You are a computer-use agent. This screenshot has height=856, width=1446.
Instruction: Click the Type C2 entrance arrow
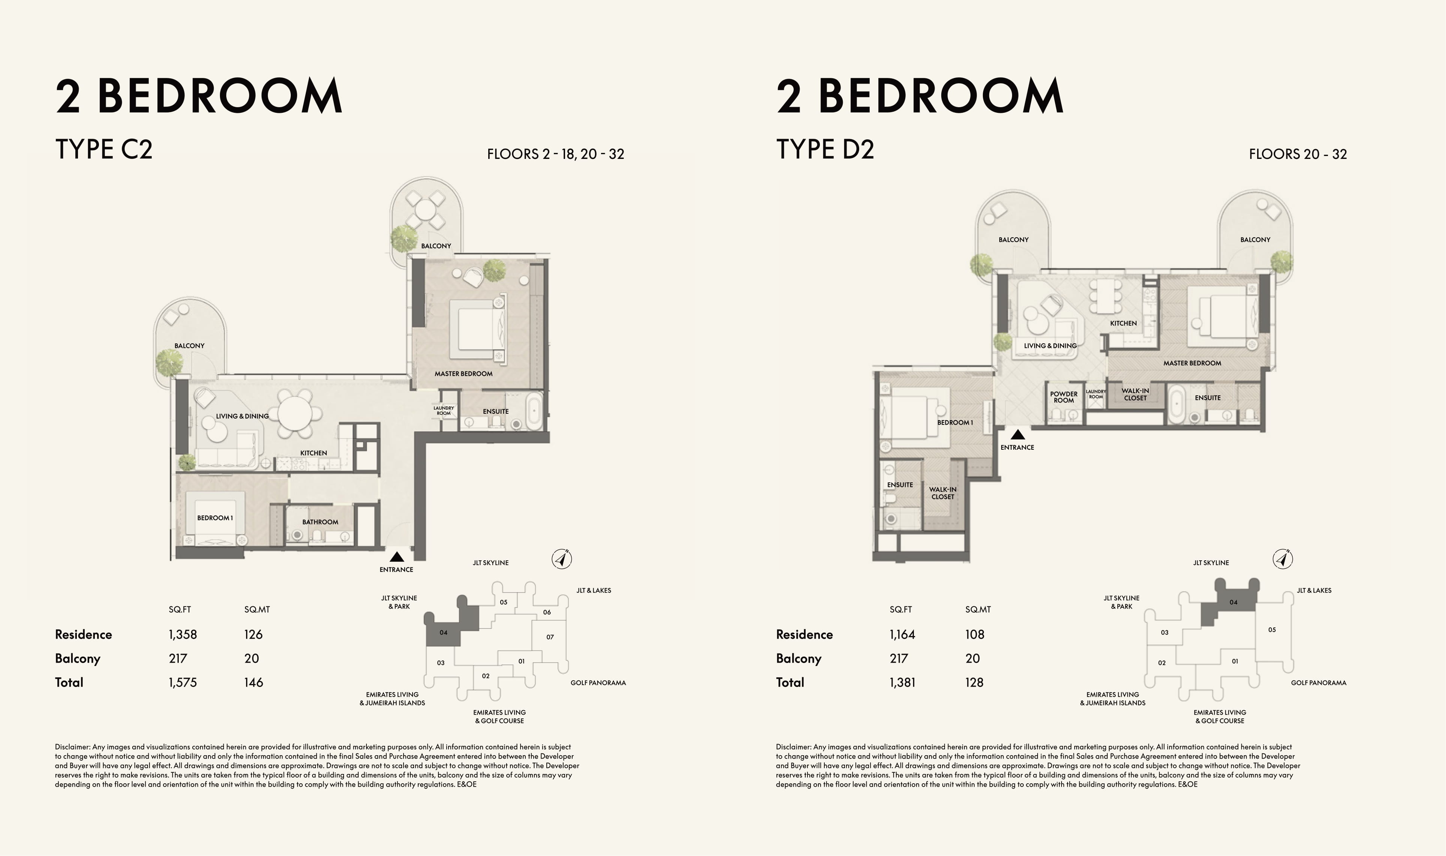(397, 557)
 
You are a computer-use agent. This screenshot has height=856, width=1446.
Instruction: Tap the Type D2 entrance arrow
(1018, 435)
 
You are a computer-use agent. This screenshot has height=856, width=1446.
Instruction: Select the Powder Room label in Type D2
(1064, 397)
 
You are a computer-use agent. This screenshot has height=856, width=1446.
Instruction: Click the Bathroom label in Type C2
(320, 522)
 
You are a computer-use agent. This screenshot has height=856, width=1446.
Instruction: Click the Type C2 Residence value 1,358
(183, 635)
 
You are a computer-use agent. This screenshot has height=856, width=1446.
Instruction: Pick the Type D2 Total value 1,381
(902, 682)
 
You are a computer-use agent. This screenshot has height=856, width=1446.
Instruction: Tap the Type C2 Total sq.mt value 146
(254, 682)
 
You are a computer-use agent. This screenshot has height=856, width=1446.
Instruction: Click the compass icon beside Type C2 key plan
(562, 559)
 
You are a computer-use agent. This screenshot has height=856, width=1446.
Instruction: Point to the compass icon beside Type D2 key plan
(1283, 559)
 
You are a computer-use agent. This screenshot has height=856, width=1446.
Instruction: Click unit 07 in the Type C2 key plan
(550, 637)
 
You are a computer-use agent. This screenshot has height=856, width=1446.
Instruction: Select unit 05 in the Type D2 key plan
(1272, 630)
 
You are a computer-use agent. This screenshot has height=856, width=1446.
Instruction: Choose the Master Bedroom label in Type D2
(1192, 363)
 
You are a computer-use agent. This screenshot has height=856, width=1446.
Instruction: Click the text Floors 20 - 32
(1298, 154)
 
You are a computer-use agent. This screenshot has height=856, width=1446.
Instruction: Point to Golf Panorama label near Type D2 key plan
(1319, 683)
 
